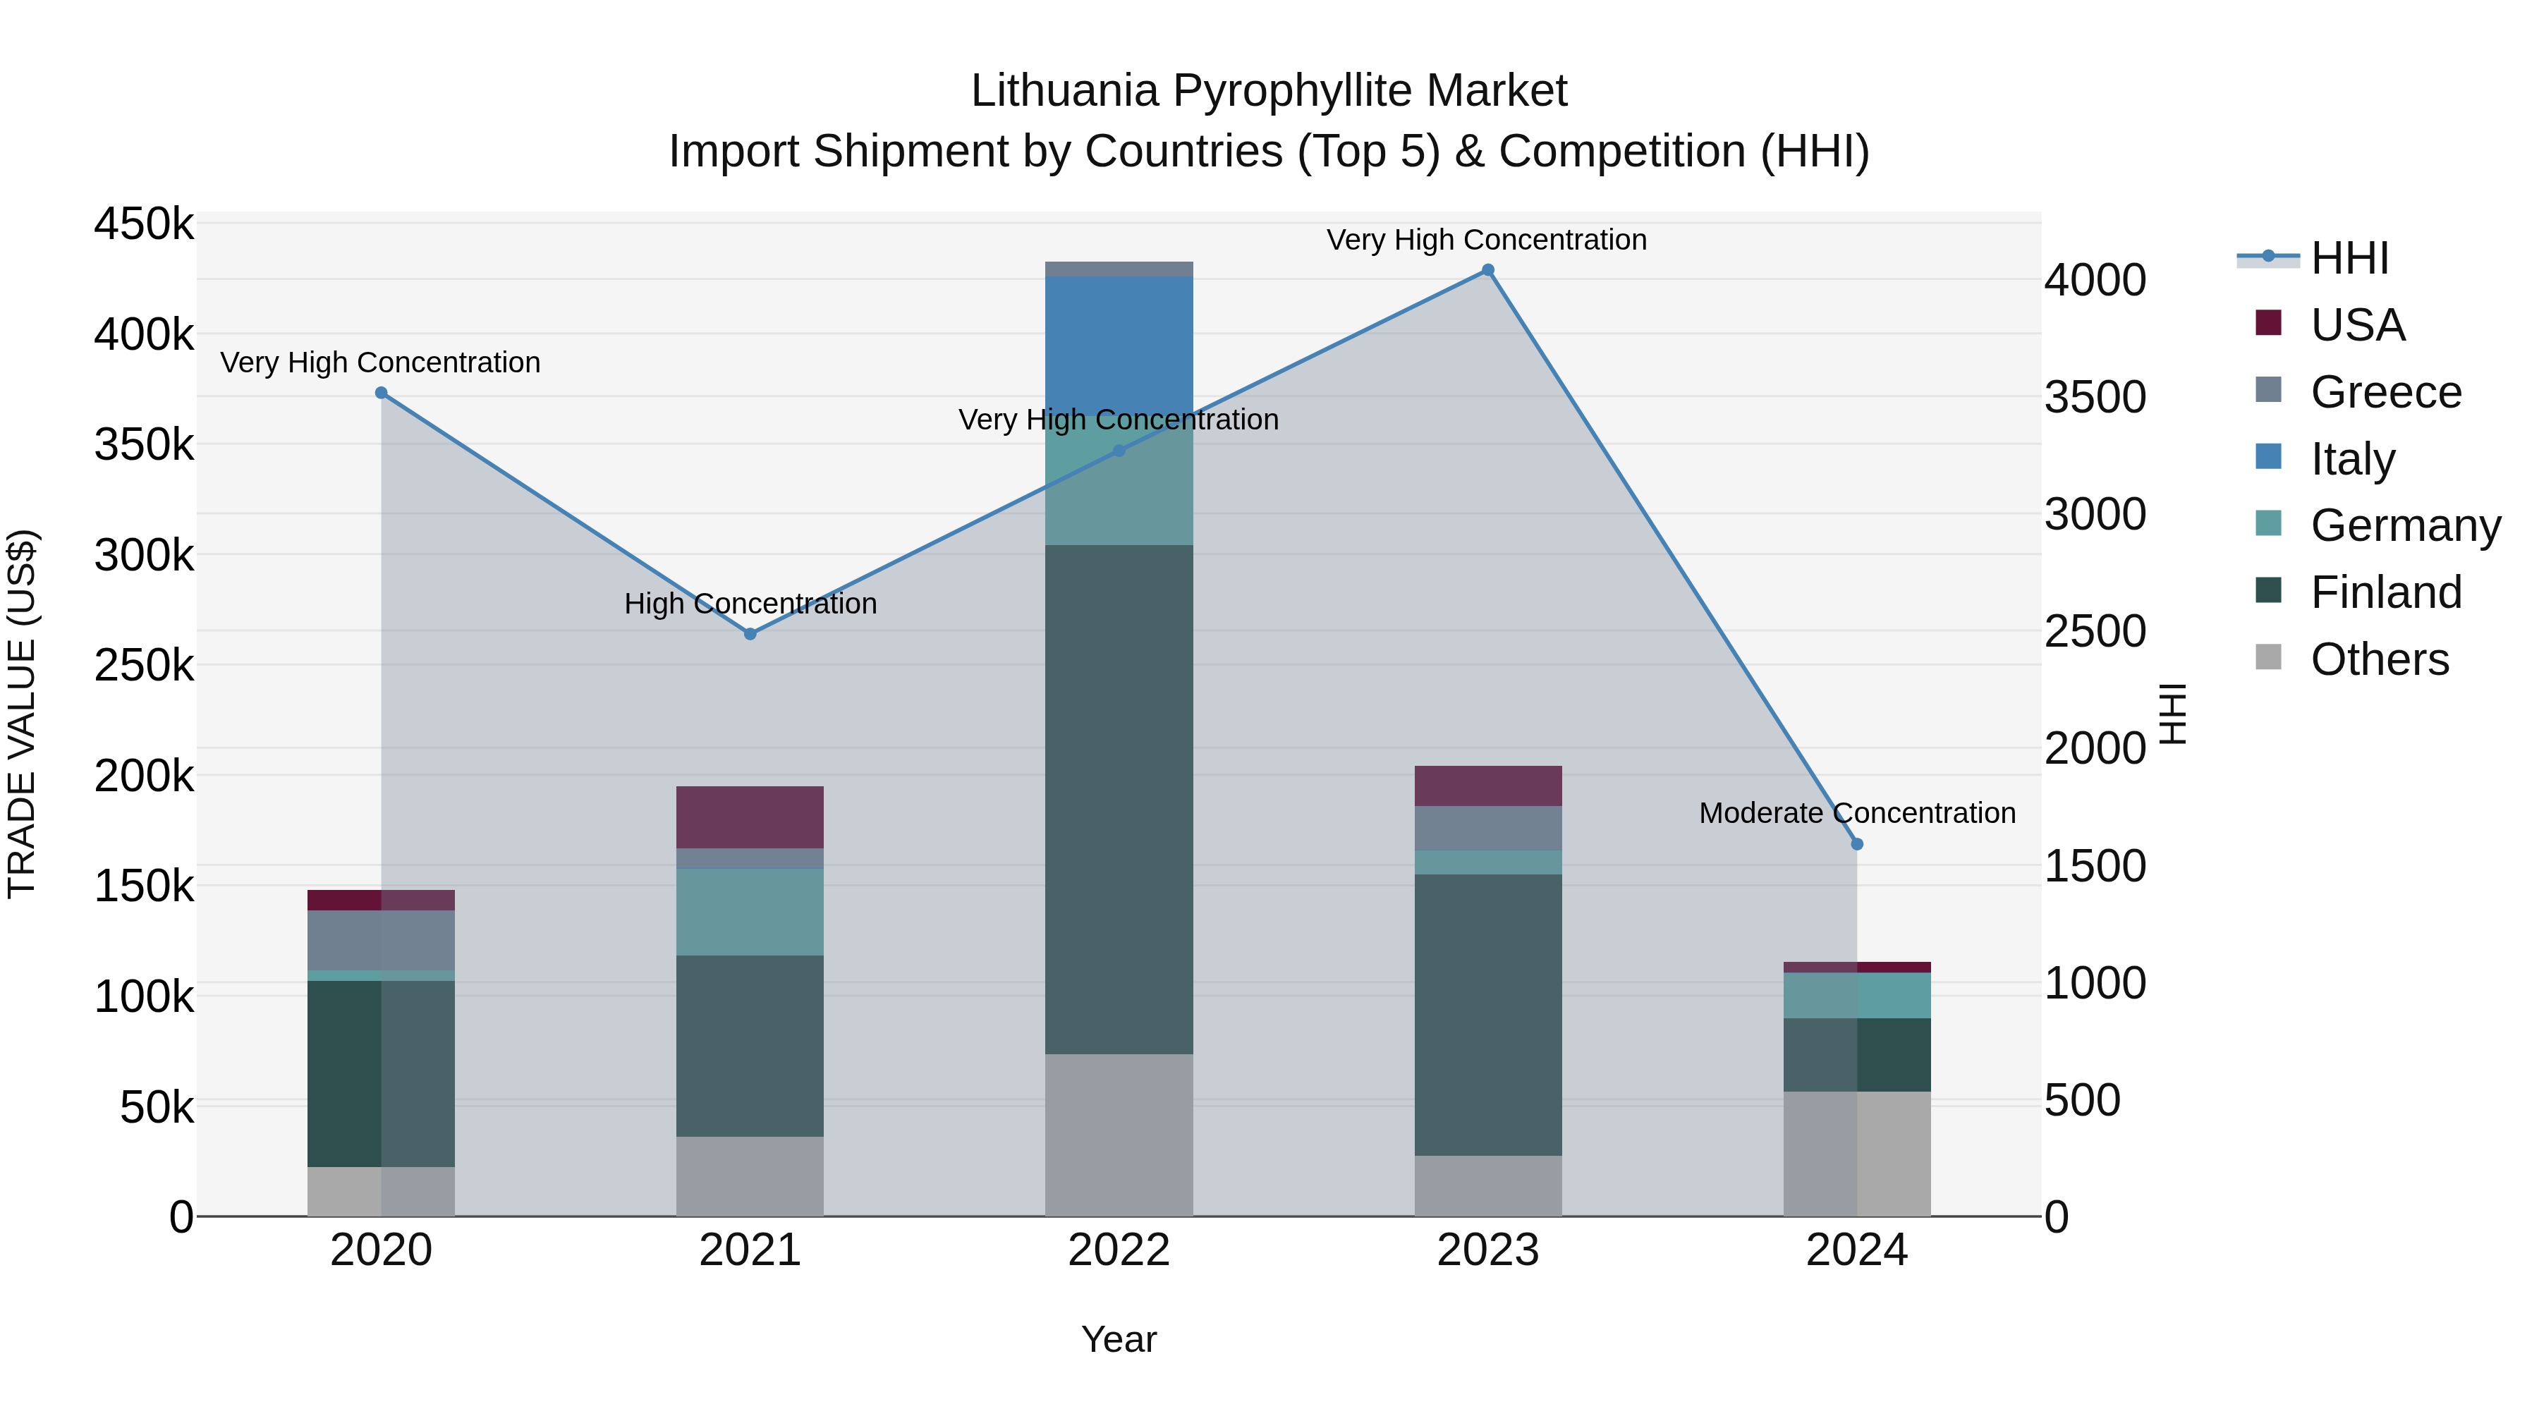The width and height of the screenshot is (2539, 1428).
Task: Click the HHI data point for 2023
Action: (1488, 270)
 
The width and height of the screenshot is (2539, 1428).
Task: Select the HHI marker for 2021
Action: (750, 634)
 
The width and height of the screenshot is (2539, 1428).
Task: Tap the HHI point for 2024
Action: (1857, 843)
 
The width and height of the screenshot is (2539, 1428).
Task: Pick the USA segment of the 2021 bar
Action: (750, 817)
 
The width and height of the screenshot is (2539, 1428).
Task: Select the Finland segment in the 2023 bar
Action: (1488, 1014)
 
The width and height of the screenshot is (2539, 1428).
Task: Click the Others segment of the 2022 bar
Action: (1119, 1135)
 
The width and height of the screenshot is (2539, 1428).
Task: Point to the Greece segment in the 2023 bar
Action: (1488, 828)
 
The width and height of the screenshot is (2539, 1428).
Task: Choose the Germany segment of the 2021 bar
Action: (750, 912)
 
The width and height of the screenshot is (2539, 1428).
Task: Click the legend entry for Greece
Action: (2385, 392)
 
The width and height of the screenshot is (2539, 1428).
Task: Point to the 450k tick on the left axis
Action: (144, 224)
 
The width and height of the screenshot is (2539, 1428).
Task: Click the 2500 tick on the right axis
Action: (2095, 632)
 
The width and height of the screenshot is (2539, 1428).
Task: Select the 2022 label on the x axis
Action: (1119, 1250)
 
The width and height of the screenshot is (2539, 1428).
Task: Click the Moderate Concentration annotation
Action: (1857, 813)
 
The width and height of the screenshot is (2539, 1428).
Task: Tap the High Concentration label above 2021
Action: (750, 603)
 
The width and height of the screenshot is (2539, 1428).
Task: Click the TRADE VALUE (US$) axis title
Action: (22, 714)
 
